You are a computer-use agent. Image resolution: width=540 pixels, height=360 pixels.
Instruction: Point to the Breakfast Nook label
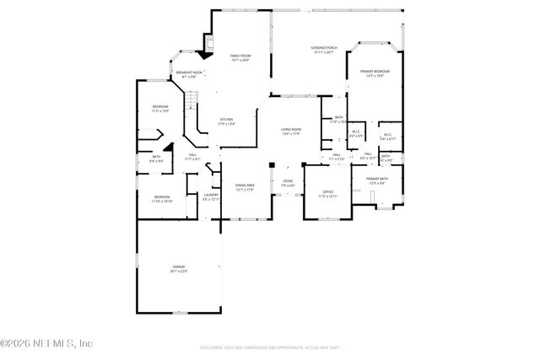point(189,74)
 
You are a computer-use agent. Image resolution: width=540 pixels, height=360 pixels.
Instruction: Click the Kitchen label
point(226,121)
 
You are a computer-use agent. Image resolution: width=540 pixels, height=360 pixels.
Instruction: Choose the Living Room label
point(291,131)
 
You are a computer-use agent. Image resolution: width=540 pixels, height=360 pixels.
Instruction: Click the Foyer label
point(288,183)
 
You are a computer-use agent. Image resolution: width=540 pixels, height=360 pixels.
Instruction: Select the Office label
point(327,194)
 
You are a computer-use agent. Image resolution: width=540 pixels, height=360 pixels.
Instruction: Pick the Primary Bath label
point(376,180)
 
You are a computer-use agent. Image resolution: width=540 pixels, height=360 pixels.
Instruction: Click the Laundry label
point(211,197)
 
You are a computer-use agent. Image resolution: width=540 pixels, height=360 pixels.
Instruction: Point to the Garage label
point(179,268)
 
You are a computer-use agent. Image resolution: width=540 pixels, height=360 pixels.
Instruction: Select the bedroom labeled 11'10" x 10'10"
point(162,199)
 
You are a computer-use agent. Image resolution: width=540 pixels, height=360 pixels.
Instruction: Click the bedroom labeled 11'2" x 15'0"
point(160,108)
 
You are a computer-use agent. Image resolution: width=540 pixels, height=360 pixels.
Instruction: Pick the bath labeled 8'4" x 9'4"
point(157,158)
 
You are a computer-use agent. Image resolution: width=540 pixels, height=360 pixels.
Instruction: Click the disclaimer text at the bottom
point(269,347)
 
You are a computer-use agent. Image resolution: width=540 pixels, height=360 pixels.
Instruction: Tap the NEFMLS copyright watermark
point(46,343)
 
